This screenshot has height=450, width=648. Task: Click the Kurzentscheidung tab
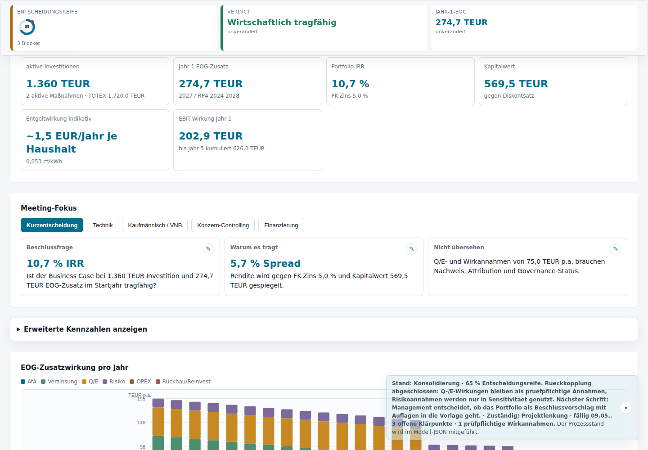coord(52,225)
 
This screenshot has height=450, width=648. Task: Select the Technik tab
coord(103,225)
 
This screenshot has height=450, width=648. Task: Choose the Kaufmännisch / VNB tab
coord(155,225)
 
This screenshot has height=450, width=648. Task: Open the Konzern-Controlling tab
coord(223,225)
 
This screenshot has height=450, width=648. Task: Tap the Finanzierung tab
coord(281,225)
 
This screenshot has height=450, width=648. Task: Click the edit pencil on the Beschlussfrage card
coord(208,249)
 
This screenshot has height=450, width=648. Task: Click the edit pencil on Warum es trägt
coord(412,249)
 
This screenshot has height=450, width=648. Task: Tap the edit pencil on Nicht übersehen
coord(615,249)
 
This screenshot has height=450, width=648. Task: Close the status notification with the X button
coord(625,408)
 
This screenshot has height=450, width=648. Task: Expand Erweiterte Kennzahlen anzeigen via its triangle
coord(18,329)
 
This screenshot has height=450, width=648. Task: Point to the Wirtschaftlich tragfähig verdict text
coord(282,22)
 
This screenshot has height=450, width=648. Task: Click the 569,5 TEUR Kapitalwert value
coord(516,84)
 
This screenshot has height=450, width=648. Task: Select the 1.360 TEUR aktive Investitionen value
coord(58,84)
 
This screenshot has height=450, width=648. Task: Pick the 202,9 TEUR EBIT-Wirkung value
coord(211,136)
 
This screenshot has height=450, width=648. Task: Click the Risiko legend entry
coord(114,382)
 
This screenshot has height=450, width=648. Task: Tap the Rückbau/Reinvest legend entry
coord(183,382)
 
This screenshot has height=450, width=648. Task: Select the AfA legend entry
coord(29,382)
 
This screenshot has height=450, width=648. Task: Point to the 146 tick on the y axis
coord(141,423)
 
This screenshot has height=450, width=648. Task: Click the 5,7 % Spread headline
coord(265,263)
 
